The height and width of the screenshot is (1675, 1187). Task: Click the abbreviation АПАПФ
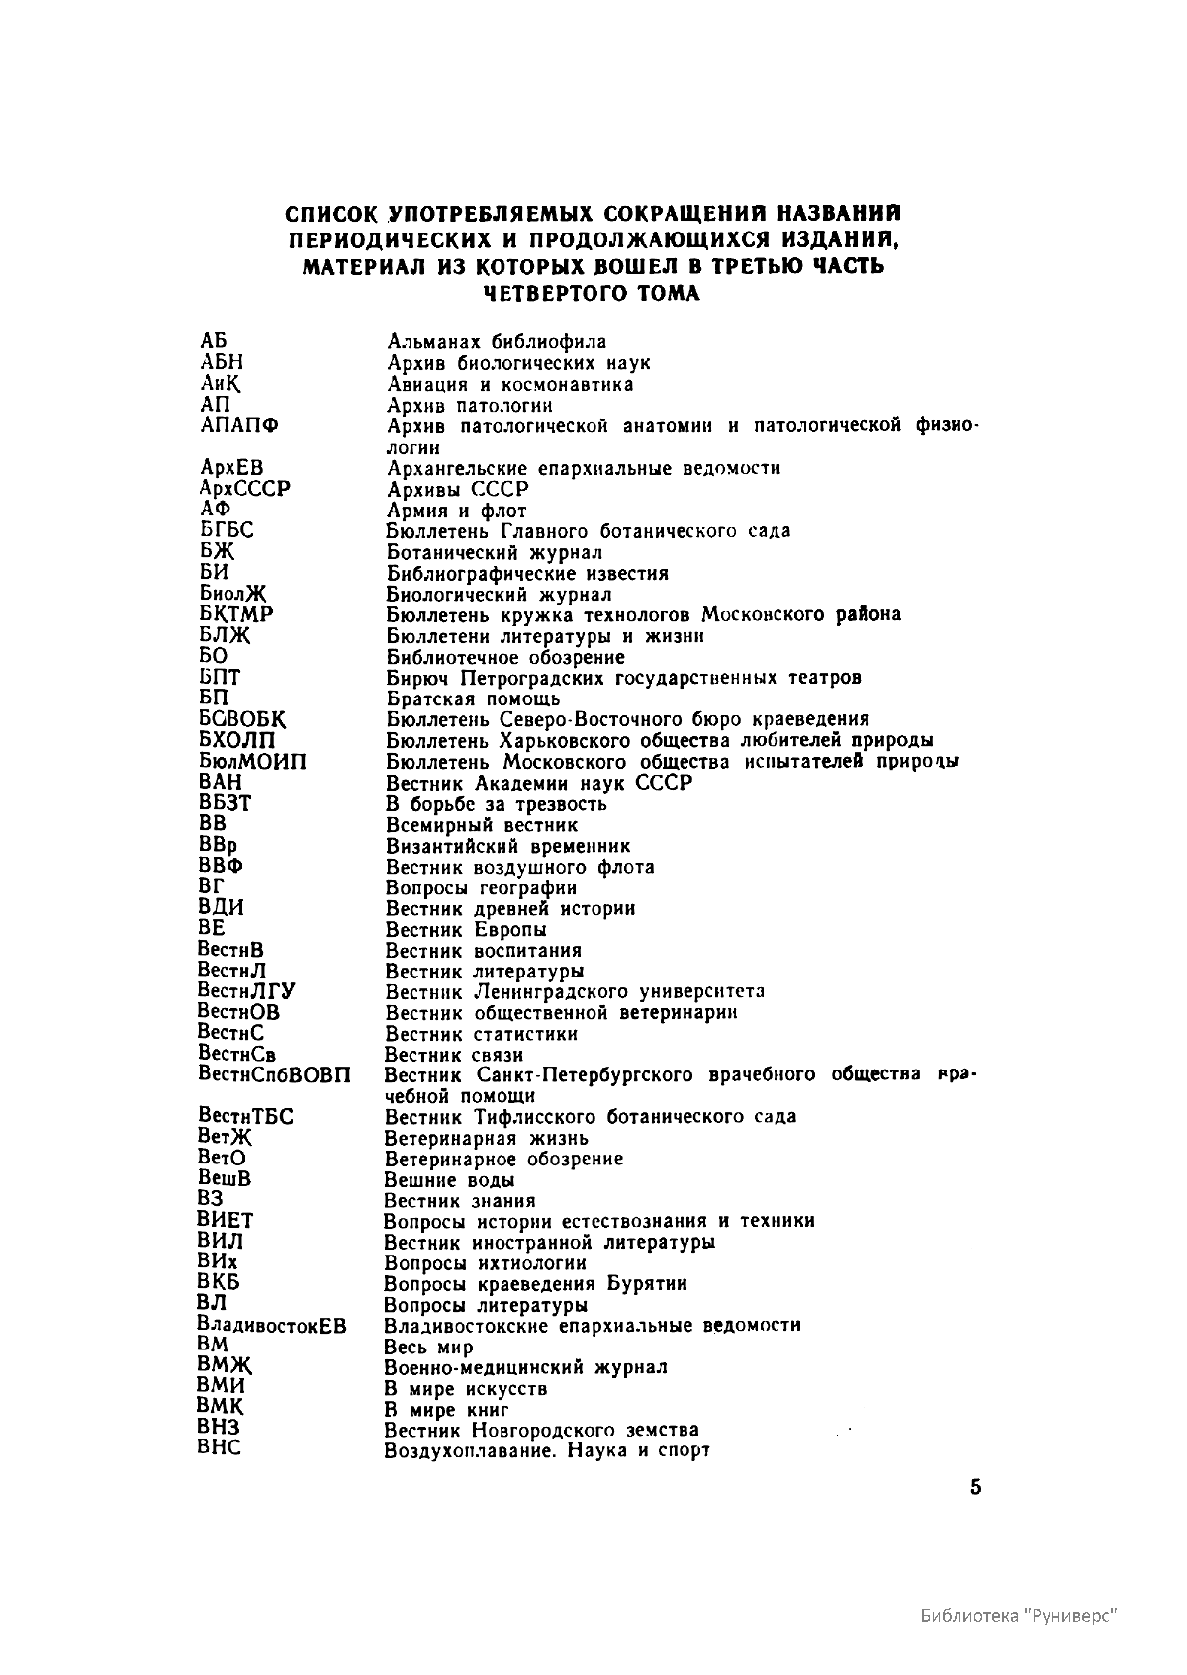pos(238,426)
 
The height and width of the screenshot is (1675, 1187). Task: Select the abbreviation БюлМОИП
pos(252,762)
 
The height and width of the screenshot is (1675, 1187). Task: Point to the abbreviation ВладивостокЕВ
pos(272,1326)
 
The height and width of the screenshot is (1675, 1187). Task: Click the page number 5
pos(975,1488)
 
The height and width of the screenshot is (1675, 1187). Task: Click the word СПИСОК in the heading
pos(333,215)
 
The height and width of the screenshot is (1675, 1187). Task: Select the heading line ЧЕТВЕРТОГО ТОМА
pos(592,293)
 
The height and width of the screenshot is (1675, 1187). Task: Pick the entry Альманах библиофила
pos(496,342)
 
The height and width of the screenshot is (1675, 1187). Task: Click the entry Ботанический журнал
pos(494,552)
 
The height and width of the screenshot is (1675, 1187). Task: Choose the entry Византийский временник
pos(507,846)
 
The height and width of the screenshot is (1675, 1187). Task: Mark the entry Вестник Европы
pos(466,930)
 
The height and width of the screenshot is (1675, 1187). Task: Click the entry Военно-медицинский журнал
pos(525,1367)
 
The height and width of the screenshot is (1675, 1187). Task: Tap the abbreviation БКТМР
pos(236,614)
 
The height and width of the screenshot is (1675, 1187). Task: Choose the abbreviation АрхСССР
pos(244,489)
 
